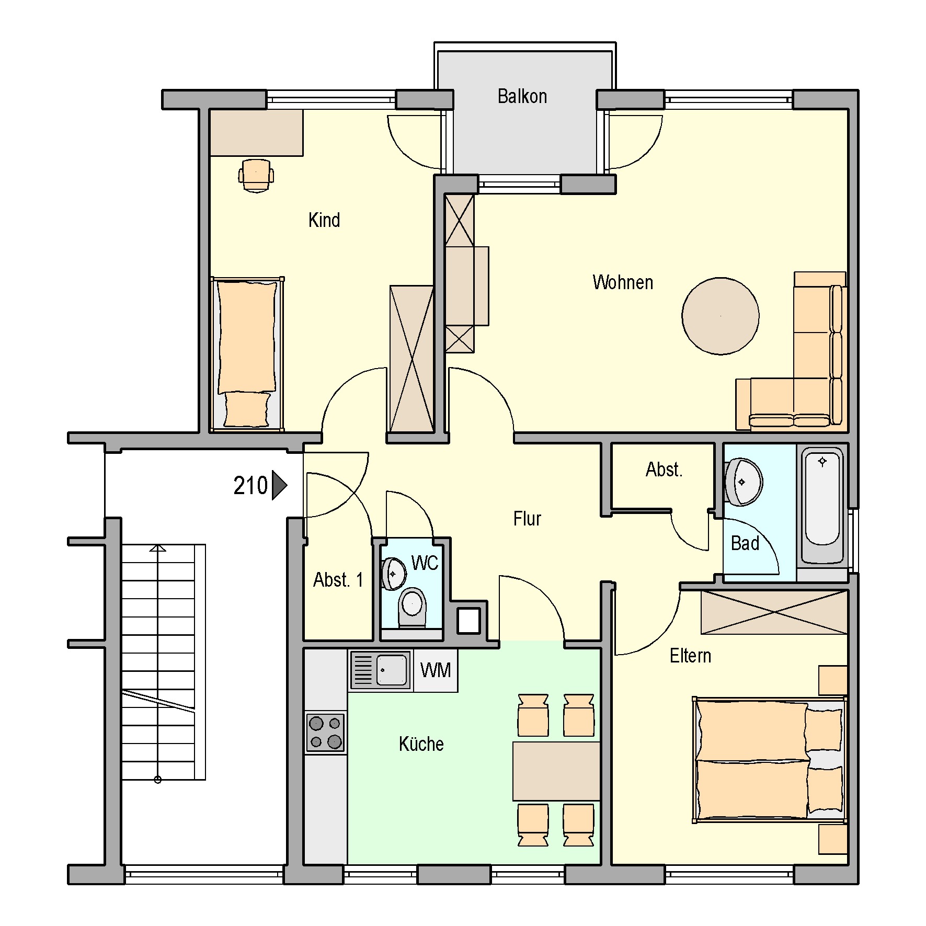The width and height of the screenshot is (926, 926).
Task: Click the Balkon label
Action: click(x=522, y=96)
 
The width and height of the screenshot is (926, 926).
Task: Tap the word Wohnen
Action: click(x=623, y=282)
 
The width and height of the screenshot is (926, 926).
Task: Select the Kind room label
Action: click(x=324, y=220)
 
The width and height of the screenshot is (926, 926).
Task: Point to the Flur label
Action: click(x=527, y=519)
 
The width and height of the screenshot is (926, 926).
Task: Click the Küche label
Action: click(x=421, y=744)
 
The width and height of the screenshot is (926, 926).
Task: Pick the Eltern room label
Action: click(x=690, y=656)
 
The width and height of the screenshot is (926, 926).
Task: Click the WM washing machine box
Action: click(x=436, y=670)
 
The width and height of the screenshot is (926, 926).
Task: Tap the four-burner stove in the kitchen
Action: click(x=325, y=732)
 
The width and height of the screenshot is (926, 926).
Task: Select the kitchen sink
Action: click(x=380, y=670)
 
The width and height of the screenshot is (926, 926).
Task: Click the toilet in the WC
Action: click(x=412, y=608)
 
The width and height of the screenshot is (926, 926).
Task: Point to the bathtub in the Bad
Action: click(x=822, y=506)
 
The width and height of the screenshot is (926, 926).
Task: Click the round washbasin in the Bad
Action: click(x=743, y=482)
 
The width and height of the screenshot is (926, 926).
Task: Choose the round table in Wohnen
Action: click(x=721, y=316)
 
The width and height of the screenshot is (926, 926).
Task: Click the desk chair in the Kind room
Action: click(x=256, y=175)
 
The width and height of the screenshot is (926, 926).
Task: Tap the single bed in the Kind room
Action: click(x=247, y=354)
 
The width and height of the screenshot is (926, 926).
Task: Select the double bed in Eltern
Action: click(x=769, y=760)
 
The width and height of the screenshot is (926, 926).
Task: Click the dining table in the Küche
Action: click(x=556, y=771)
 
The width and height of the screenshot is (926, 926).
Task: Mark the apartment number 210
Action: click(x=250, y=486)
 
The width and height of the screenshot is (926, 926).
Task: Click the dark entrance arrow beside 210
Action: click(x=279, y=486)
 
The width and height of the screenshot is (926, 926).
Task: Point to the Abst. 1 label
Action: click(x=338, y=580)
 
